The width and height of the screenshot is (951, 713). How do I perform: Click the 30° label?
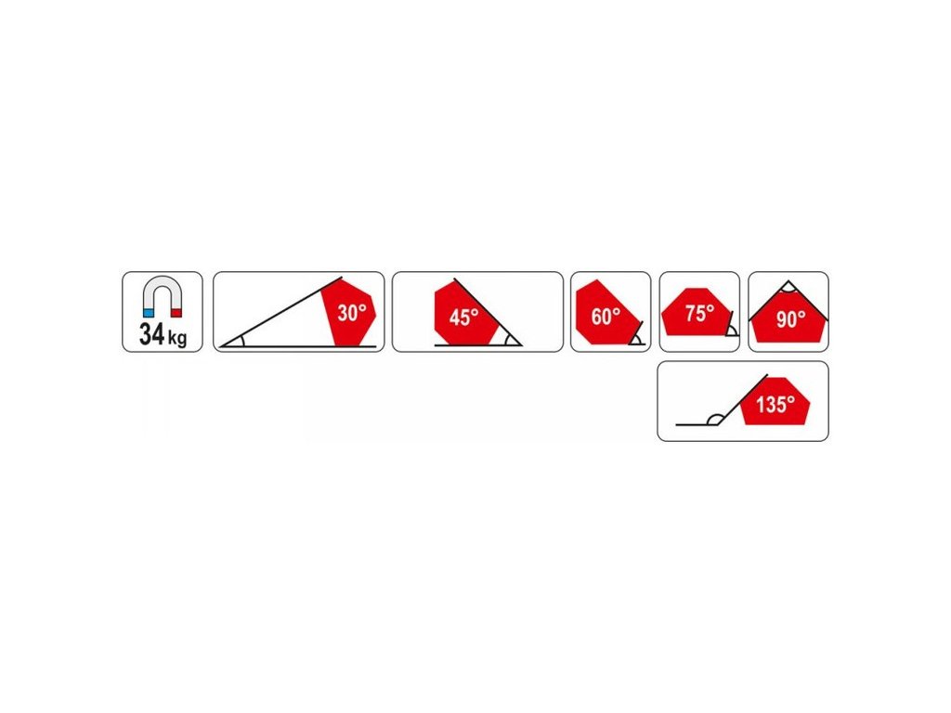352,314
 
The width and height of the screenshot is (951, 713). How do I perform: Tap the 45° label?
463,318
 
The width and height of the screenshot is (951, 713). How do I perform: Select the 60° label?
605,317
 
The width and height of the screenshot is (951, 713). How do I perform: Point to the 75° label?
699,314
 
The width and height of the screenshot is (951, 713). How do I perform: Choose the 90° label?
790,320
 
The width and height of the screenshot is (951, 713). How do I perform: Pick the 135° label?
775,406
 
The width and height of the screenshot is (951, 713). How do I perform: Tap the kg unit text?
176,339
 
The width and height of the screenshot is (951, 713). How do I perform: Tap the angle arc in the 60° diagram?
634,338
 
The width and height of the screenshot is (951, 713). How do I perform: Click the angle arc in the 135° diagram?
713,419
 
